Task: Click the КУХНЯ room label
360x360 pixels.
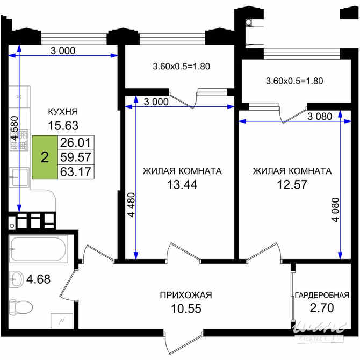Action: coord(63,112)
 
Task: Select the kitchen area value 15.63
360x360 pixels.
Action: coord(63,126)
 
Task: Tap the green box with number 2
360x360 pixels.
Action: coord(45,157)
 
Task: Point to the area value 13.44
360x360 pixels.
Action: coord(182,186)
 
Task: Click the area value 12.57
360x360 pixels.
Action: coord(292,186)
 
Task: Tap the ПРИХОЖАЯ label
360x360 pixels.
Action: coord(186,295)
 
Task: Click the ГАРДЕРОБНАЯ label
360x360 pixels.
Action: coord(322,295)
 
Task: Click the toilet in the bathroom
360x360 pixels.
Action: coord(21,307)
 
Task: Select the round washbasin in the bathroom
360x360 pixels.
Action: coord(17,279)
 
